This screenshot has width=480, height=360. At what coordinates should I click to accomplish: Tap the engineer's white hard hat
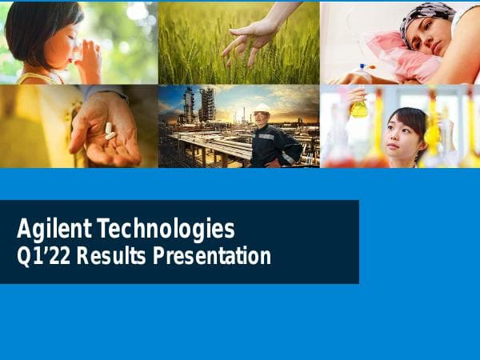tap(262, 109)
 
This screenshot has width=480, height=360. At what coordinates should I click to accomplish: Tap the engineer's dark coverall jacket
tap(272, 144)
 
